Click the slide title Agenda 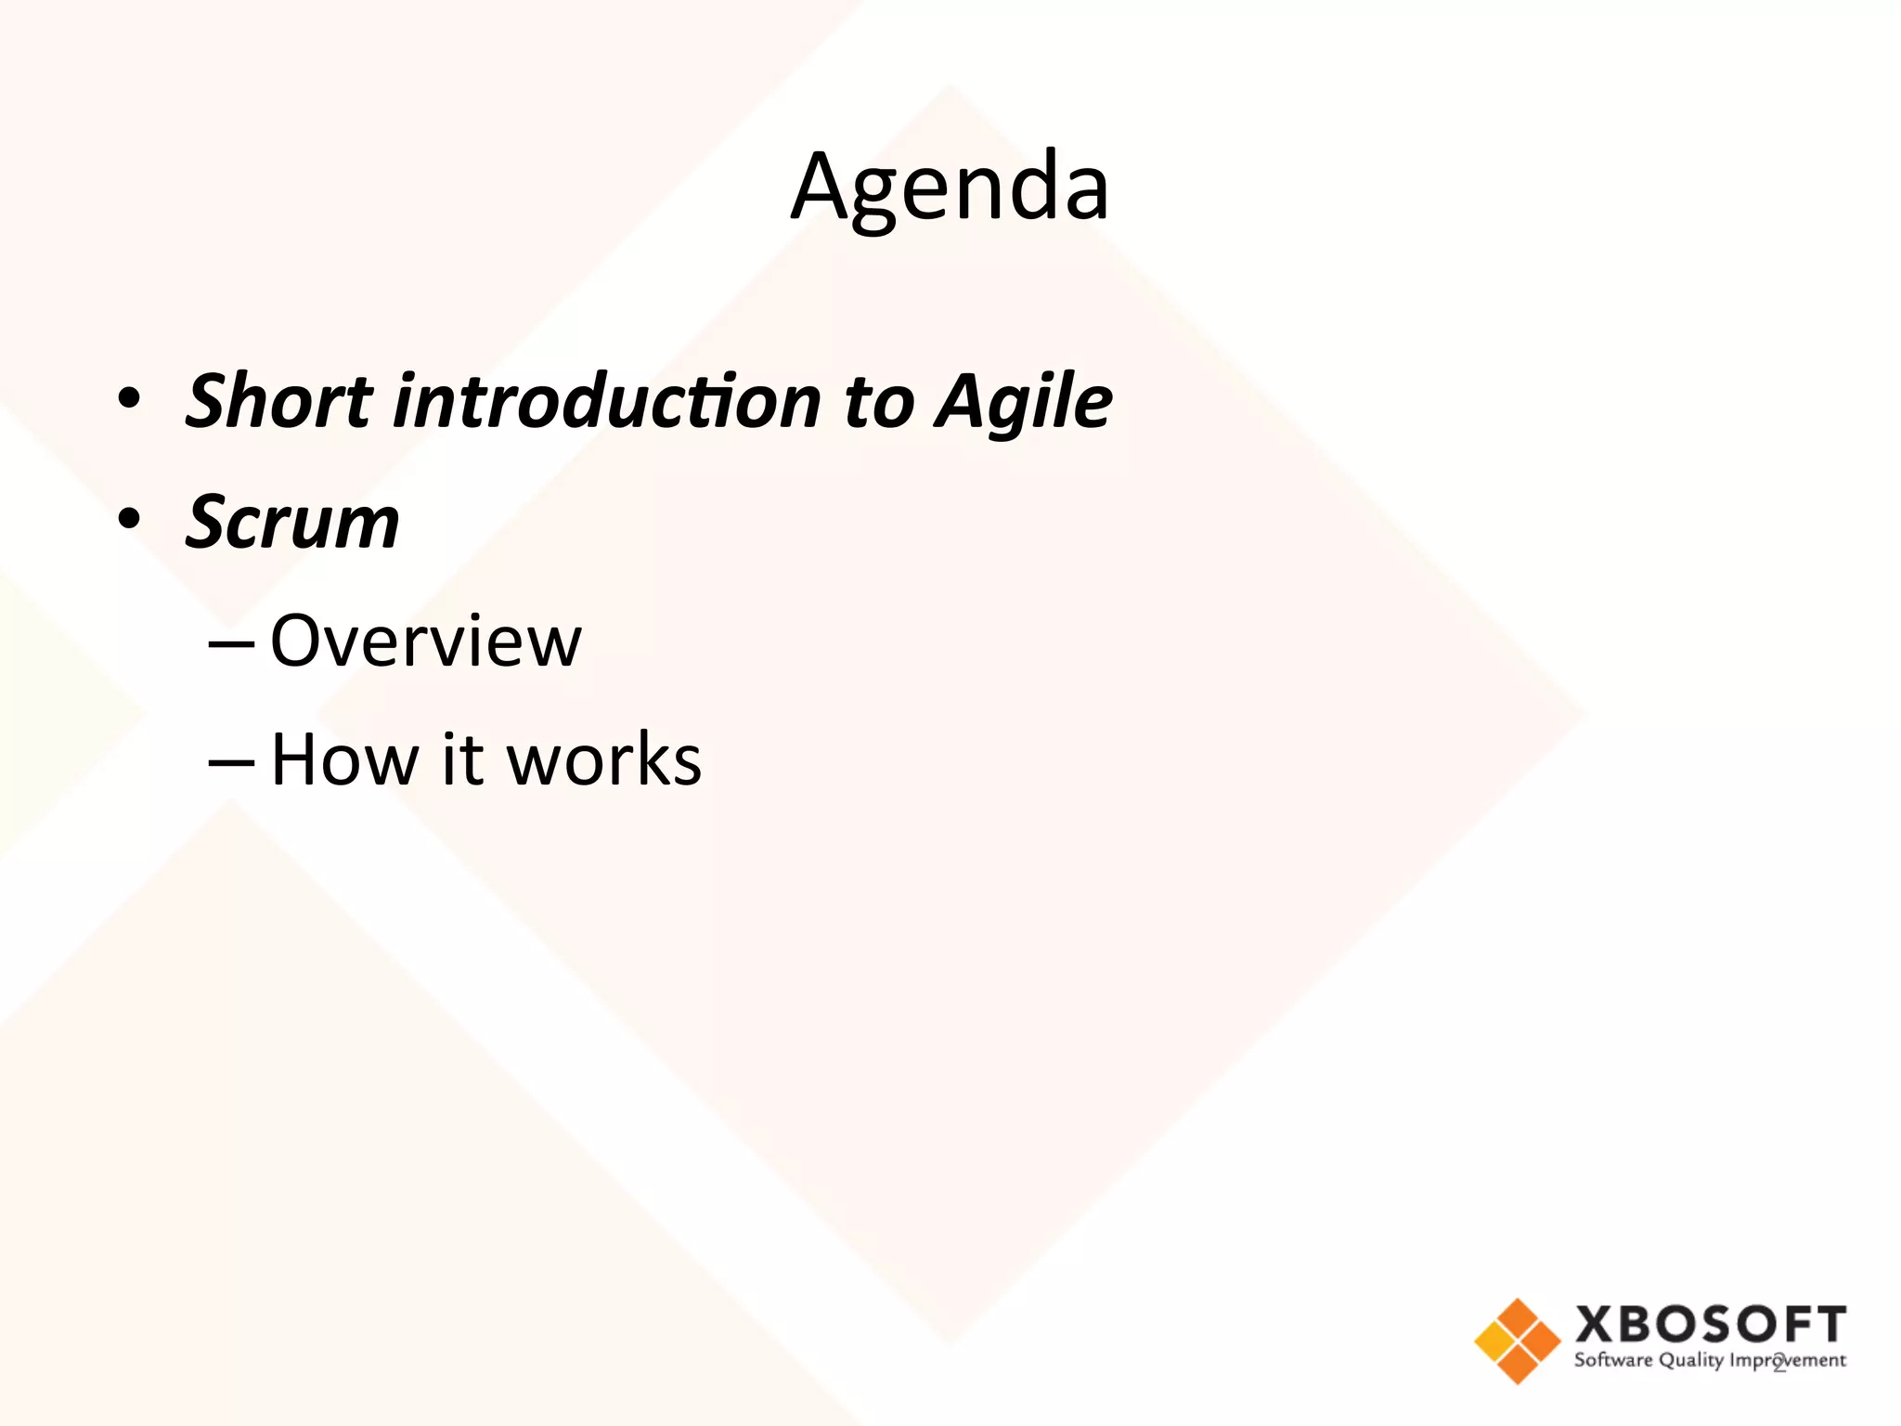coord(950,188)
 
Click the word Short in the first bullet coord(278,401)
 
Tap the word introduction coord(608,401)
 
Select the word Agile coord(1024,401)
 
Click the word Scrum coord(292,522)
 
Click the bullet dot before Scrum coord(129,520)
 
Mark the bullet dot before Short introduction coord(129,399)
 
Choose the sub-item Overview coord(425,641)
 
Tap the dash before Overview coord(231,642)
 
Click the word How coord(344,759)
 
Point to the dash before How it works coord(231,760)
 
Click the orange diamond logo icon coord(1517,1341)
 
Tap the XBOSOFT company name coord(1710,1325)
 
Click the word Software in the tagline coord(1613,1360)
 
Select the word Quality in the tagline coord(1691,1361)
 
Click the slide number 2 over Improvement coord(1779,1363)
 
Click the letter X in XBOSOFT coord(1595,1325)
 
